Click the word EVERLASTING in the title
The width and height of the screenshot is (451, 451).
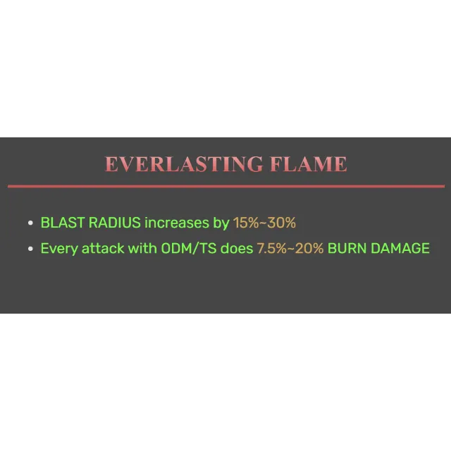coord(184,164)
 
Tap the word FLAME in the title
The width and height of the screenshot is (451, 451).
coord(309,164)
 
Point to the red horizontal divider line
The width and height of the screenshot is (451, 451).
coord(226,186)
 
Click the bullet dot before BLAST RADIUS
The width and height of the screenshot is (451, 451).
coord(30,223)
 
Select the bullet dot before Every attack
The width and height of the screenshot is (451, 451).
coord(30,249)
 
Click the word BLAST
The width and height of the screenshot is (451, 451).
coord(63,223)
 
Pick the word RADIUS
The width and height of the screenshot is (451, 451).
coord(115,223)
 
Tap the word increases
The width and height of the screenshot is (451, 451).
coord(177,223)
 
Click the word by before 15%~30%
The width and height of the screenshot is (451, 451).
coord(221,223)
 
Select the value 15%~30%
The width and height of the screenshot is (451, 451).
coord(264,223)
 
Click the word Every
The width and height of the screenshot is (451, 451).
coord(59,249)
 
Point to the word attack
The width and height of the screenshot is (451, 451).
coord(103,248)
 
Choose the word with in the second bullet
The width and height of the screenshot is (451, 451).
coord(142,248)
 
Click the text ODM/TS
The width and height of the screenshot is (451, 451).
coord(189,248)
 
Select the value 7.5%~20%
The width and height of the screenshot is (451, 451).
coord(290,248)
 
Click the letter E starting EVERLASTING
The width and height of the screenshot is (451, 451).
coord(111,164)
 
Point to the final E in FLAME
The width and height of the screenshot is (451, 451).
coord(341,164)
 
